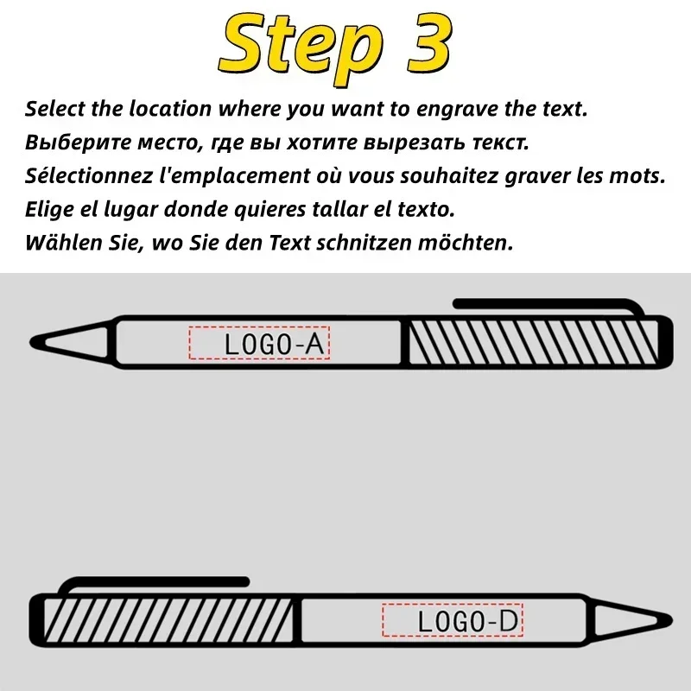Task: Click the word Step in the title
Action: point(293,45)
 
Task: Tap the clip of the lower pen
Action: point(155,584)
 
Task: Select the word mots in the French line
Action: point(643,177)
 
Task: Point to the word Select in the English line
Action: point(52,110)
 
